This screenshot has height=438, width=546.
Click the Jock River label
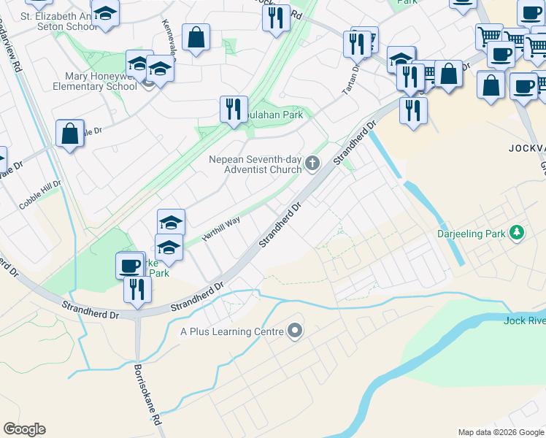click(524, 320)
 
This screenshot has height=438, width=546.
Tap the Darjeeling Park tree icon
click(518, 232)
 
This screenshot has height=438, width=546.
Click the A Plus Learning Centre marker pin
click(295, 331)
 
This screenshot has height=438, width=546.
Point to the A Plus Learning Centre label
click(231, 331)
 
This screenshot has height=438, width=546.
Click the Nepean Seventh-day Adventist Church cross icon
click(313, 163)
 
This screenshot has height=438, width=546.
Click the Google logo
click(24, 429)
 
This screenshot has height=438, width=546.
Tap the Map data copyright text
click(501, 432)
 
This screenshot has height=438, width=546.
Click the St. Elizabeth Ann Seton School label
click(58, 21)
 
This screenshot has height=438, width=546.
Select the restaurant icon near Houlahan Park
click(234, 109)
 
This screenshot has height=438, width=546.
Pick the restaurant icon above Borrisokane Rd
click(137, 289)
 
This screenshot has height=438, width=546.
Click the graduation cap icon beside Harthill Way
click(171, 223)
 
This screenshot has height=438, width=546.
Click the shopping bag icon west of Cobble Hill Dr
click(69, 134)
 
